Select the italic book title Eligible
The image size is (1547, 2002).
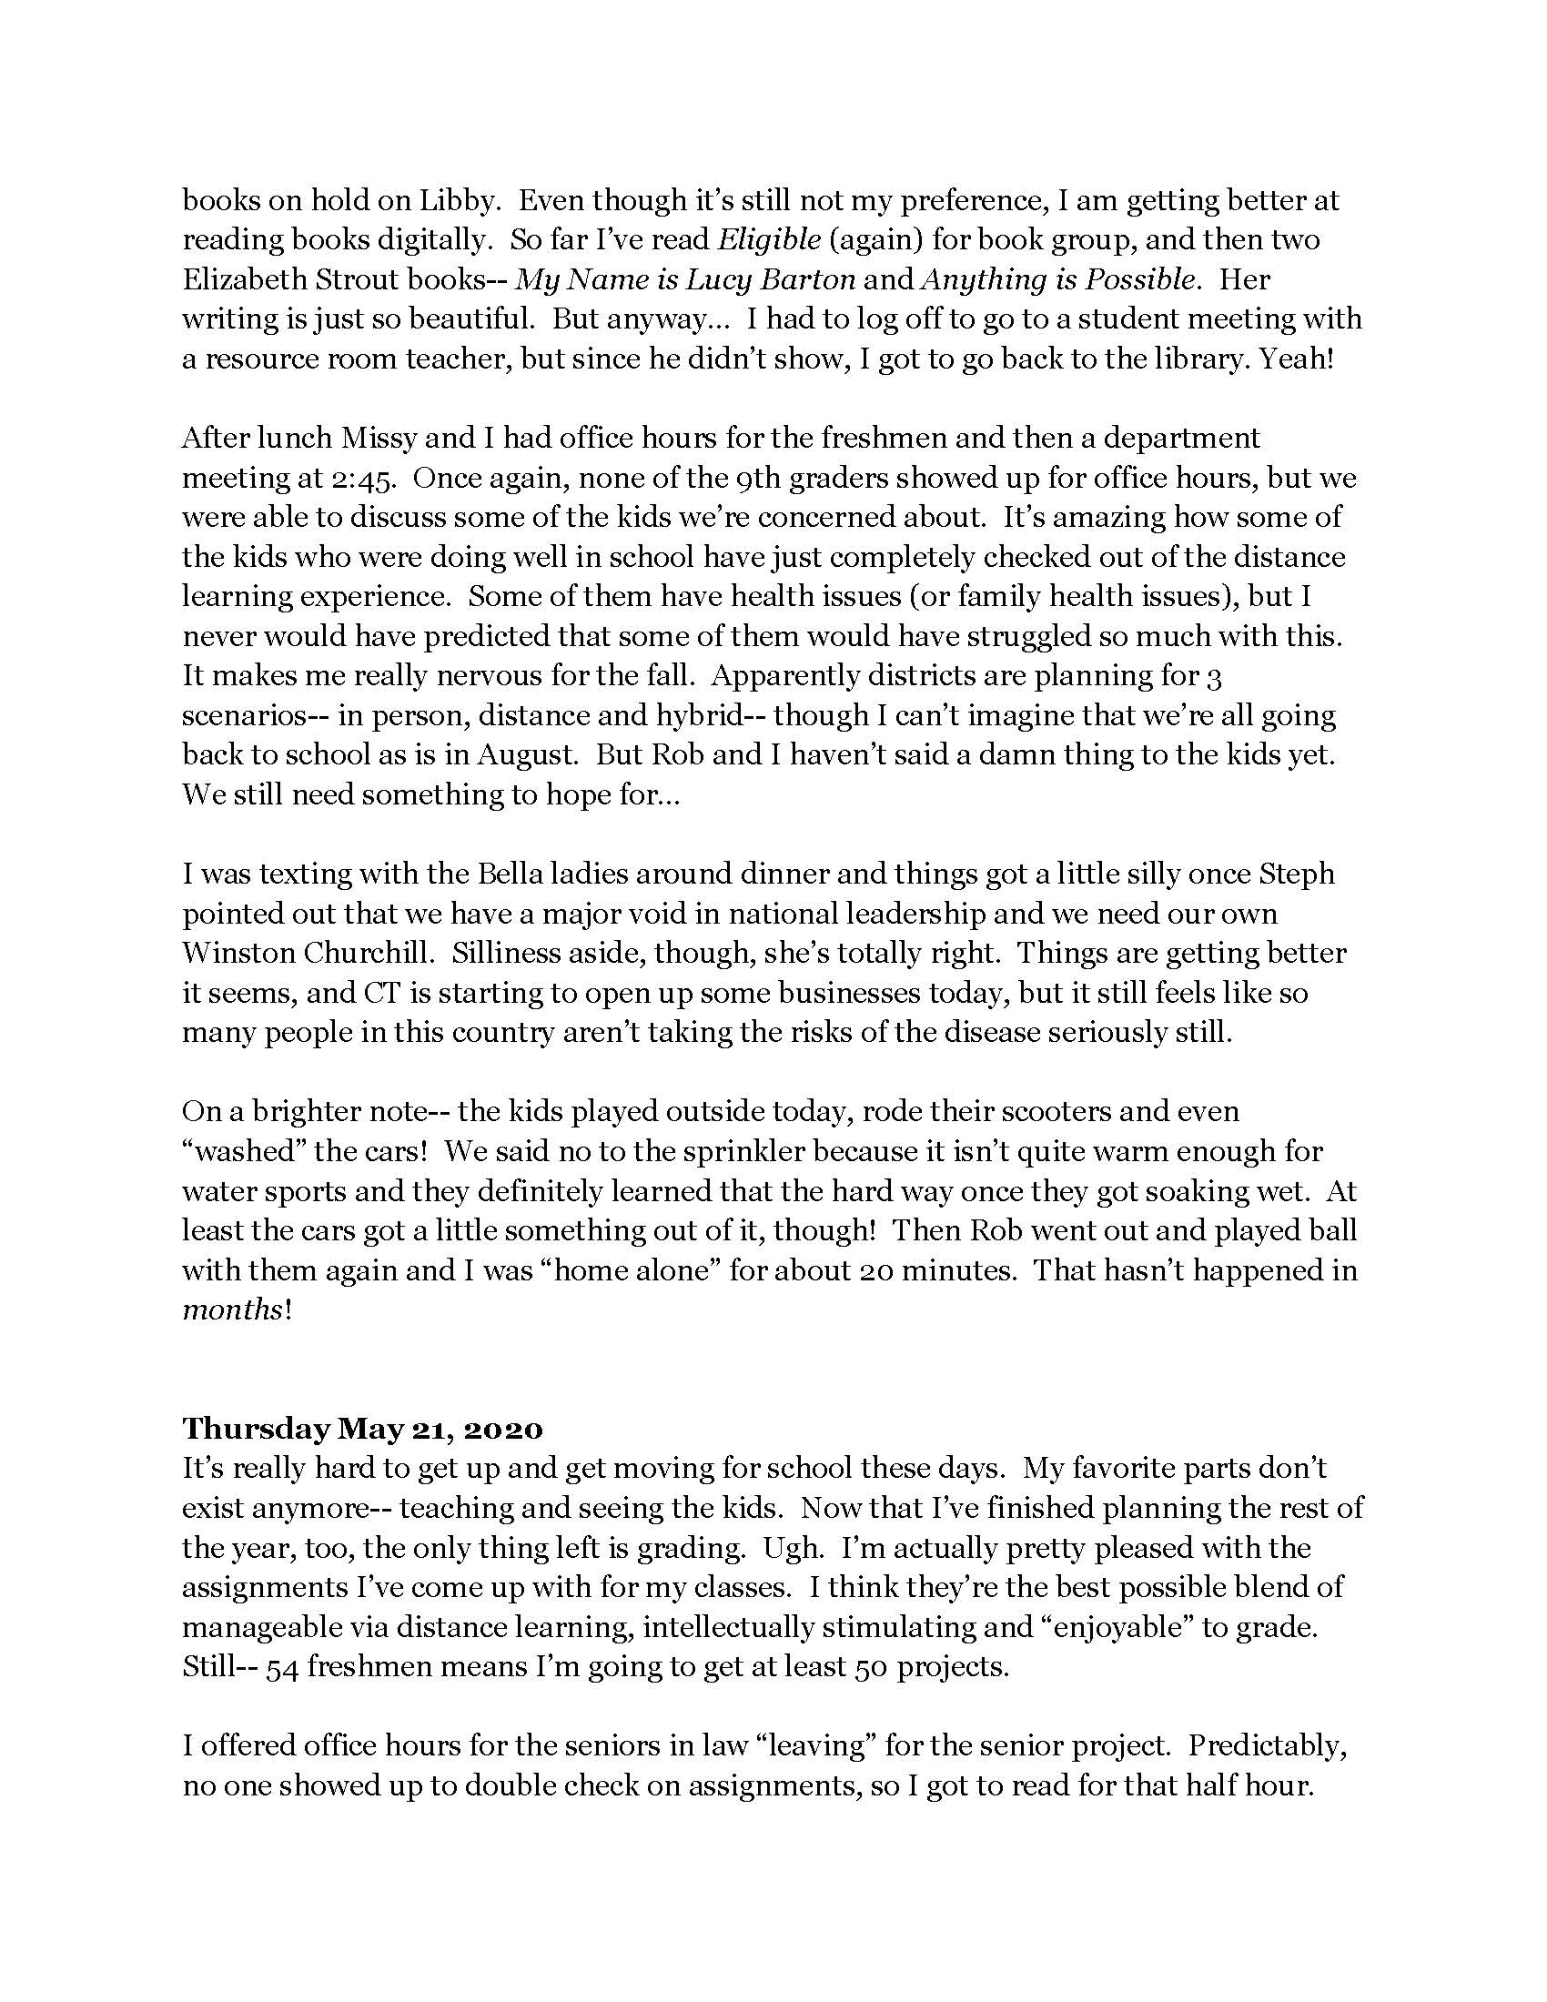[768, 239]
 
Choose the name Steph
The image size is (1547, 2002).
[1297, 874]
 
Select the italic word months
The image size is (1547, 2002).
[232, 1309]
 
